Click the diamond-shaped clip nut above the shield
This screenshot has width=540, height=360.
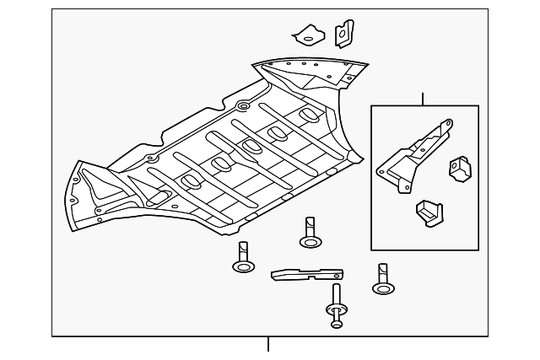coord(309,35)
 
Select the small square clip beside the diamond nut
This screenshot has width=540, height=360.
coord(343,34)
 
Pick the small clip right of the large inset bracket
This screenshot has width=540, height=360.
coord(460,169)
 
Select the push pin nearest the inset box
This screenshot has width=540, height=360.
coord(383,279)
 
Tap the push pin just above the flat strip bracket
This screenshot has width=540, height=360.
coord(310,233)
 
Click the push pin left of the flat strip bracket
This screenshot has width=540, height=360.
coord(244,257)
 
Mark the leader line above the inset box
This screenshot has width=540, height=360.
coord(424,99)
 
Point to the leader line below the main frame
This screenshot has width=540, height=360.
coord(268,344)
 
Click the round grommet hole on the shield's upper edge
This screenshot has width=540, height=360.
coord(242,106)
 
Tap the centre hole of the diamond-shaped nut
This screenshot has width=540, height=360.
coord(309,36)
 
